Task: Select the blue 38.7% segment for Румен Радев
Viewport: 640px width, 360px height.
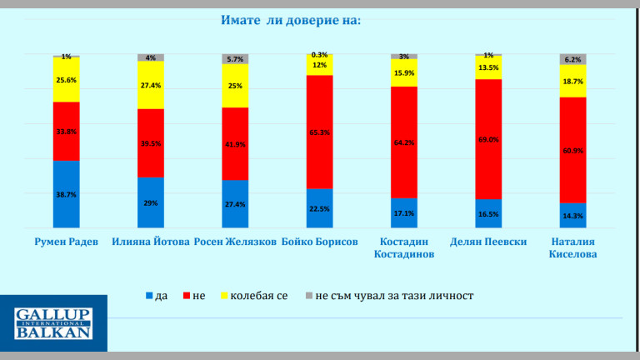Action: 66,193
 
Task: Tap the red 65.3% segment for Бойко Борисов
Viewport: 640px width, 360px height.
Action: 319,132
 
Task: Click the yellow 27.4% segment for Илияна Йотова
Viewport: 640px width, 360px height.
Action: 151,85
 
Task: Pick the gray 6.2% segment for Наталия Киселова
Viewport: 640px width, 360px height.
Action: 572,59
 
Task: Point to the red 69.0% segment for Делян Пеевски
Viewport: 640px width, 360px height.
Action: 488,139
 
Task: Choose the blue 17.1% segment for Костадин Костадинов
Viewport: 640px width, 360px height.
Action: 404,212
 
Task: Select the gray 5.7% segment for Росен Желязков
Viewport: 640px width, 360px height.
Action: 235,59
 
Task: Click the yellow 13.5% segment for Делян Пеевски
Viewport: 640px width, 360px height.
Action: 488,67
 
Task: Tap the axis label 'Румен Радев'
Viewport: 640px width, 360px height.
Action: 66,242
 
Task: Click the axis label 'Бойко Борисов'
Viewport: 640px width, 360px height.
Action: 319,242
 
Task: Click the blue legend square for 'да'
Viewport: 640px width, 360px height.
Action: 150,296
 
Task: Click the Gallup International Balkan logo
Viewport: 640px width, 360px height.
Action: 53,322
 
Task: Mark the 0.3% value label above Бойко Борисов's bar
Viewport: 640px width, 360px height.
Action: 319,53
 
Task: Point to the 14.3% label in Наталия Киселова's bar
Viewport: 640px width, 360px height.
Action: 572,216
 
